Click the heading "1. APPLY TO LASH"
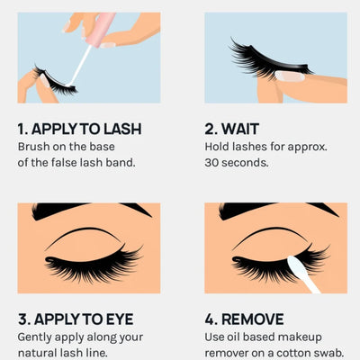[78, 128]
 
